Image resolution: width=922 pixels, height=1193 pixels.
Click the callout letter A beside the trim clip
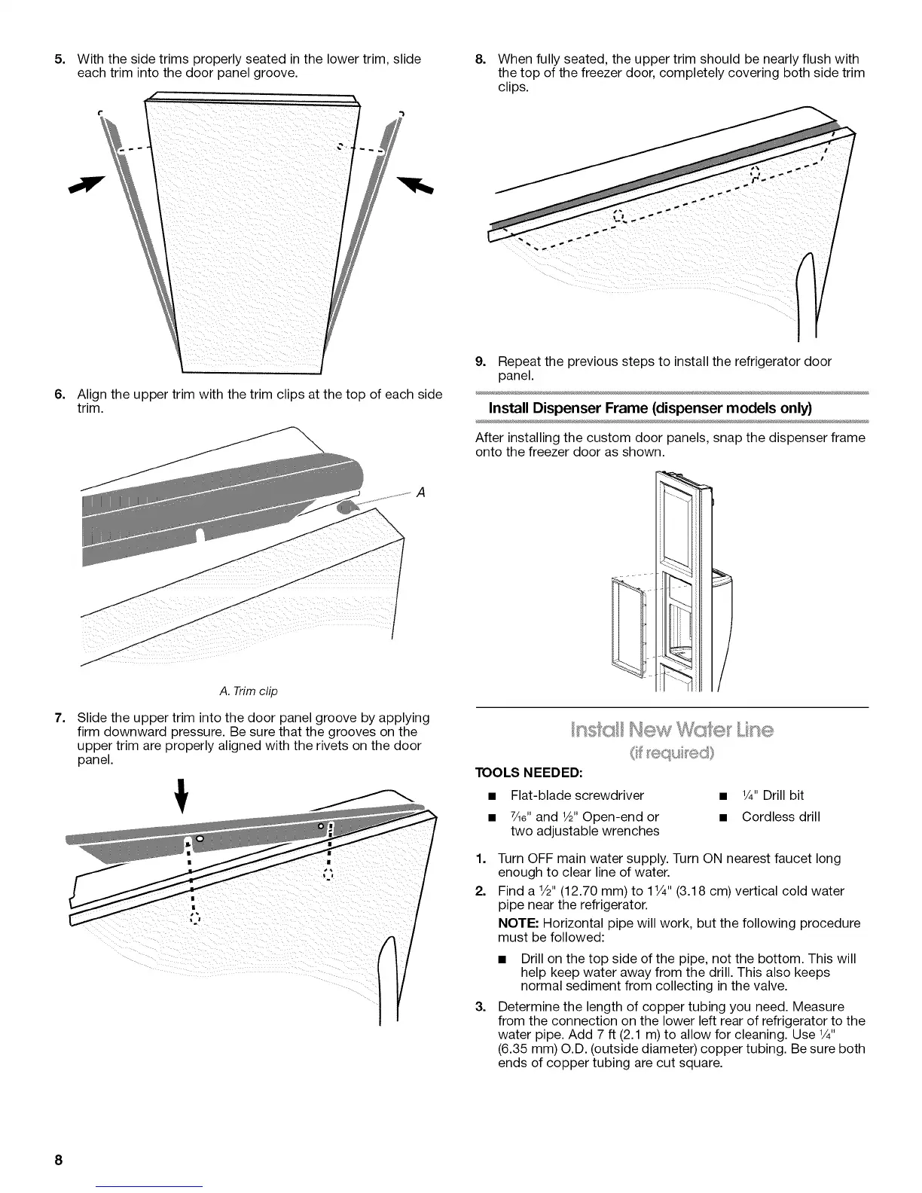[x=421, y=492]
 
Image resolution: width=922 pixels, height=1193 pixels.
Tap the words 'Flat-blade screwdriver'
[x=577, y=795]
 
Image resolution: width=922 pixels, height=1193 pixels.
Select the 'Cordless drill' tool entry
[x=780, y=816]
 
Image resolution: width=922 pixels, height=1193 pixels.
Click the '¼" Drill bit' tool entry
[x=773, y=795]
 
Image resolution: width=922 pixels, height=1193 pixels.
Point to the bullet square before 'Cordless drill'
[x=722, y=817]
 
